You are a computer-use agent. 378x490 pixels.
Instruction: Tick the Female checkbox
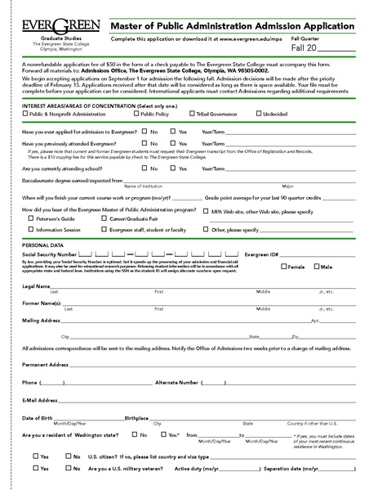click(283, 267)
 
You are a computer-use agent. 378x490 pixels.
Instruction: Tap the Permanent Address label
click(45, 364)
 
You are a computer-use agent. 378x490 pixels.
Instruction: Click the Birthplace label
click(136, 417)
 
